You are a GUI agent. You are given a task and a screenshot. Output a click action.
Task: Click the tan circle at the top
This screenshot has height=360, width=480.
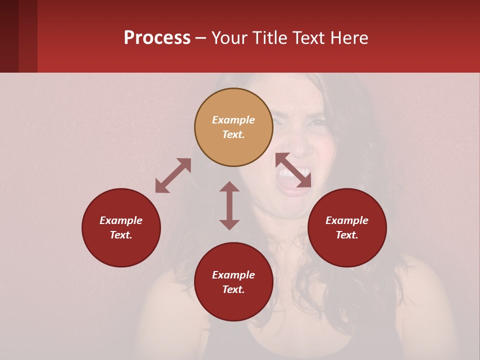point(233,127)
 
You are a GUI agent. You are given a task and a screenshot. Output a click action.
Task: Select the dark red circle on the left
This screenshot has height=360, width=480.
point(121,228)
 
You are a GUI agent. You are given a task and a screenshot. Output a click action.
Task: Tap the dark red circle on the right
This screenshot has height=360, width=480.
point(347,228)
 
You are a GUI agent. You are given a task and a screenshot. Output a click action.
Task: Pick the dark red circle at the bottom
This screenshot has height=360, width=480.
point(233,282)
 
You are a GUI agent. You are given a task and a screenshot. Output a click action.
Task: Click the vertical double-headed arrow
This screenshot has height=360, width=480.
point(229,205)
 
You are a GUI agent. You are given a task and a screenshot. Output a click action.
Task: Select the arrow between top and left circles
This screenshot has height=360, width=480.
point(173,175)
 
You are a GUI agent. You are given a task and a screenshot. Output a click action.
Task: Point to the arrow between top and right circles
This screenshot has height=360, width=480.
point(293,170)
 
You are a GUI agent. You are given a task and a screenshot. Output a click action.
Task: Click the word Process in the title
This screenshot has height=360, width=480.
point(157,38)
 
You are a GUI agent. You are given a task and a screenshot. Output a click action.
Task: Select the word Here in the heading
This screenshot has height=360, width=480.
point(350,38)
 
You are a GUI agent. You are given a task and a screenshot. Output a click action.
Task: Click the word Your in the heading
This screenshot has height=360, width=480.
point(228,38)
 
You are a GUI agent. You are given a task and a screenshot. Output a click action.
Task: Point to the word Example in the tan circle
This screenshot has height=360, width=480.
point(233,120)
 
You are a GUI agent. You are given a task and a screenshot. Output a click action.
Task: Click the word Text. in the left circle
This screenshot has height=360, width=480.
point(121,235)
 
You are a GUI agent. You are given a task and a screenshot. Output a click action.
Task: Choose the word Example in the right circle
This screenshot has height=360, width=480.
point(347,220)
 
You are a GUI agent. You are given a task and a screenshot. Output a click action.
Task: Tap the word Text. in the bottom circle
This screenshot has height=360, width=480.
point(233,289)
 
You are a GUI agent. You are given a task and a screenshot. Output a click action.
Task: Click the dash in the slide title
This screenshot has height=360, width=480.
point(201,38)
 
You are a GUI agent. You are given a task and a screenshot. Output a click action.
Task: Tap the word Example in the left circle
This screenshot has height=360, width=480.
point(121,220)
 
